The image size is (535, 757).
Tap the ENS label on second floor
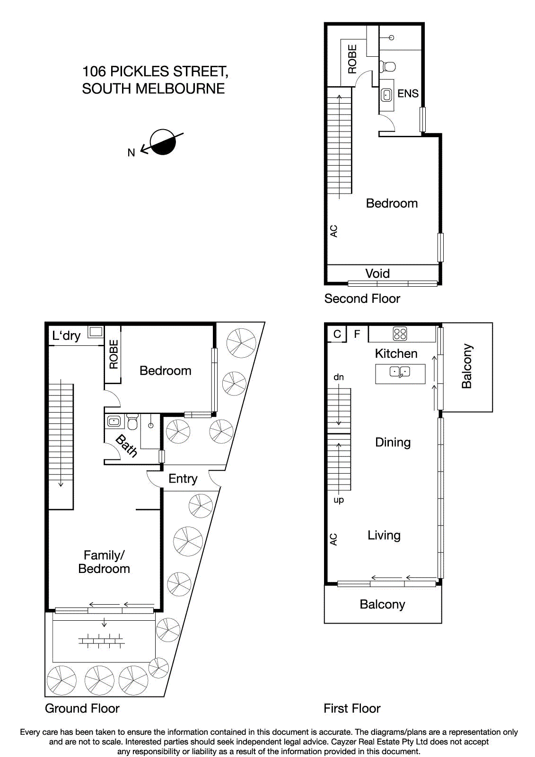[408, 94]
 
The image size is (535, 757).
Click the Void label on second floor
[377, 273]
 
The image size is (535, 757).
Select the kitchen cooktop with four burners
[400, 334]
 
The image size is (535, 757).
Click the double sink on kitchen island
[400, 372]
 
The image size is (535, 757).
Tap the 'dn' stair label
[339, 377]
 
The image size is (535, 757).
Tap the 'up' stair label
[339, 500]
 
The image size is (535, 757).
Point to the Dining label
[393, 442]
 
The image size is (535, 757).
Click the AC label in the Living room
[333, 539]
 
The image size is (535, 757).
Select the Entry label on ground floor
[183, 479]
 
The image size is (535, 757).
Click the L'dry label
[66, 336]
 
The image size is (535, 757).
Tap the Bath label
[126, 446]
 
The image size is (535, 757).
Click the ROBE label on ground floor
[114, 354]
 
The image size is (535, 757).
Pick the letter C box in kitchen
[337, 334]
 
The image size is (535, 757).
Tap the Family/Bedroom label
[104, 562]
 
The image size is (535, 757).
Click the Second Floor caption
[362, 299]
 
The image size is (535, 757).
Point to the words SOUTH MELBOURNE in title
[153, 88]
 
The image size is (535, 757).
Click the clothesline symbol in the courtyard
[101, 642]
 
